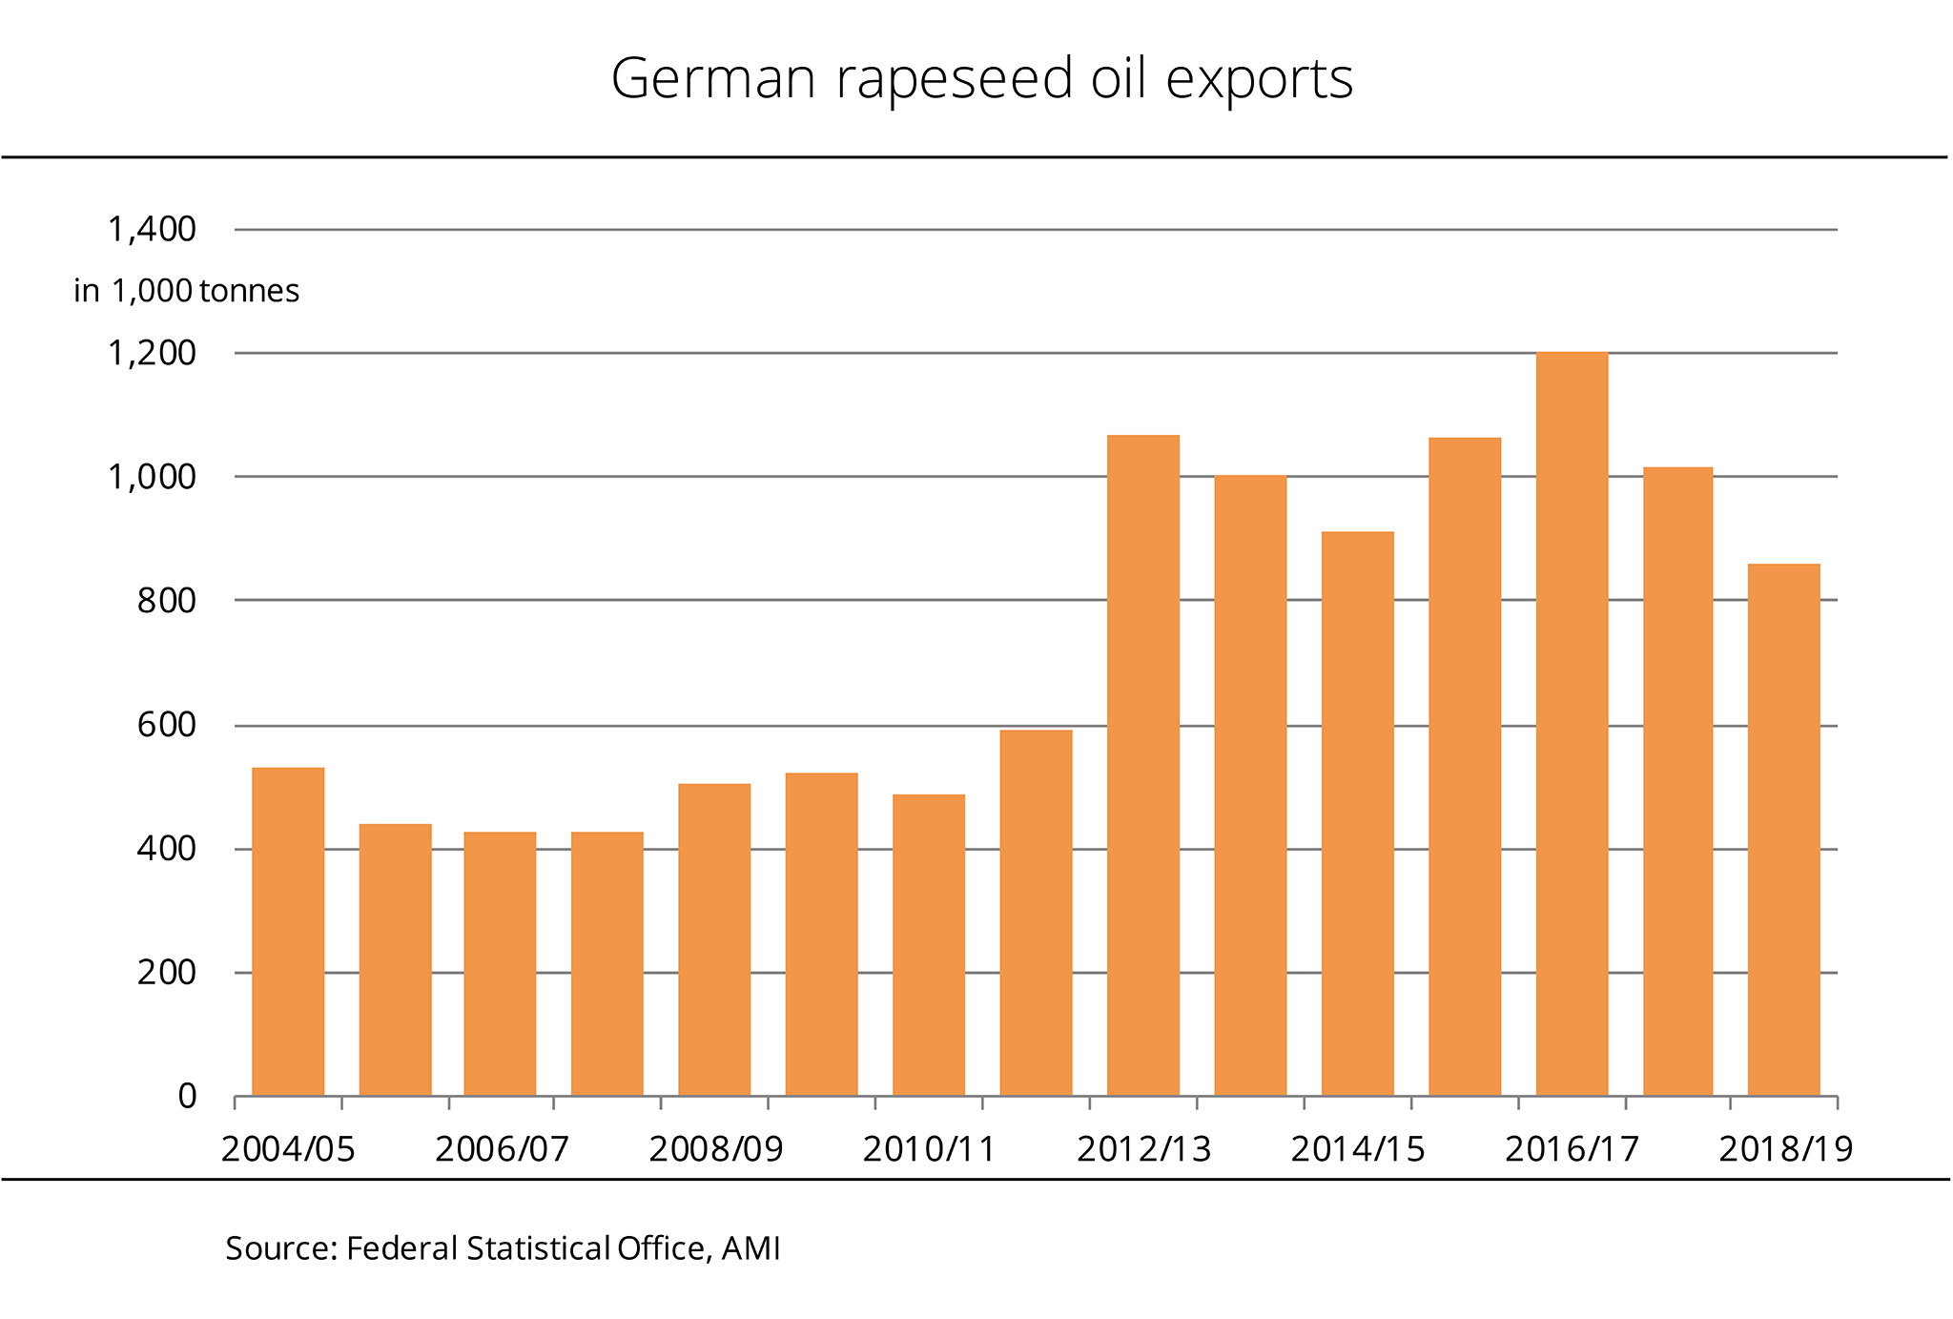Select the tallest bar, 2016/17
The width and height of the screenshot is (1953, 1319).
1572,724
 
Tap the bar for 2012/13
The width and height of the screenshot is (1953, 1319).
1142,765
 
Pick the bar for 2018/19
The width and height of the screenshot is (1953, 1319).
1783,829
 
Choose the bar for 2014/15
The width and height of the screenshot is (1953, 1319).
1357,813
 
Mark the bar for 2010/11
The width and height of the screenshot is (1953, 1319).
928,944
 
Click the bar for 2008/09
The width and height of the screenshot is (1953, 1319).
714,939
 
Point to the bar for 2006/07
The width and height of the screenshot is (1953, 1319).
500,963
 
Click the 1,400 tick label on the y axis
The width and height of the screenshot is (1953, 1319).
152,230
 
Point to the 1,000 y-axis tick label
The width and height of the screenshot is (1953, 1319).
152,477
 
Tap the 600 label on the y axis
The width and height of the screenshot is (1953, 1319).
166,725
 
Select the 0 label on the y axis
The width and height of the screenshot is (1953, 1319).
187,1097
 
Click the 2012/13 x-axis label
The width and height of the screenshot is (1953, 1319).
1143,1149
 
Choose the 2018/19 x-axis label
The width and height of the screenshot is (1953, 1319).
1785,1149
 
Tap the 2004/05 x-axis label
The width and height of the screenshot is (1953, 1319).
288,1149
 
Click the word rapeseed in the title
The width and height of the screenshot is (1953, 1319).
955,79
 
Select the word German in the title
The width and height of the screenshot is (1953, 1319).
713,79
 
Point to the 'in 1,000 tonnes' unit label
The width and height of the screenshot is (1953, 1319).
187,291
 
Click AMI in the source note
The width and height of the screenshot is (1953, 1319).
750,1248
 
